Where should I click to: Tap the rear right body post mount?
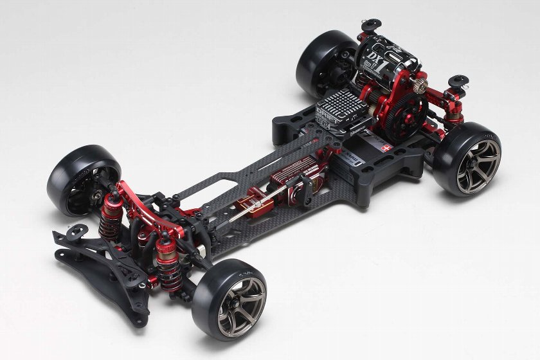coord(458,82)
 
